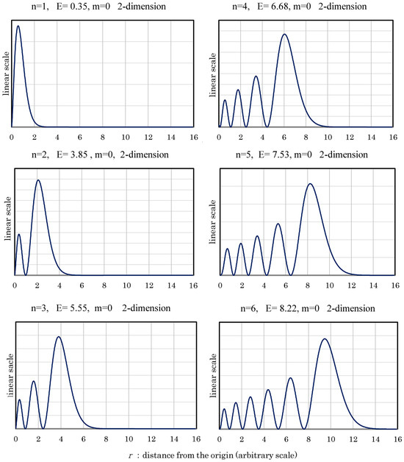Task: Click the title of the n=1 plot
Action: pos(98,6)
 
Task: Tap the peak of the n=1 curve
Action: pos(18,26)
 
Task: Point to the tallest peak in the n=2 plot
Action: pos(38,180)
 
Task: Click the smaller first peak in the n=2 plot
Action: pos(19,234)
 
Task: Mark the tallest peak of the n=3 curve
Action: pos(59,336)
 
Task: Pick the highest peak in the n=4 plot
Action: pos(284,34)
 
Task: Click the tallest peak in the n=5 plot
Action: pos(310,184)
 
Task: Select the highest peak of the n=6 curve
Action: pos(325,339)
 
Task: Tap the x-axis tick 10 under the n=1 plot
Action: pos(126,138)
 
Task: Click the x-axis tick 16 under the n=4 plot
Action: pos(393,138)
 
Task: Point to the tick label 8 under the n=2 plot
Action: pos(104,285)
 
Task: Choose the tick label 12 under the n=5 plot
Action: pos(352,285)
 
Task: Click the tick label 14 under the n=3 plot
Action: pos(174,439)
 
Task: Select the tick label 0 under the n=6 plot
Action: pos(220,439)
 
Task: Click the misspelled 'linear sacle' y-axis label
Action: pos(10,375)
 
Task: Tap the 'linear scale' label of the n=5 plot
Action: pos(213,222)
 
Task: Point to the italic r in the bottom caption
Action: pos(131,456)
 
